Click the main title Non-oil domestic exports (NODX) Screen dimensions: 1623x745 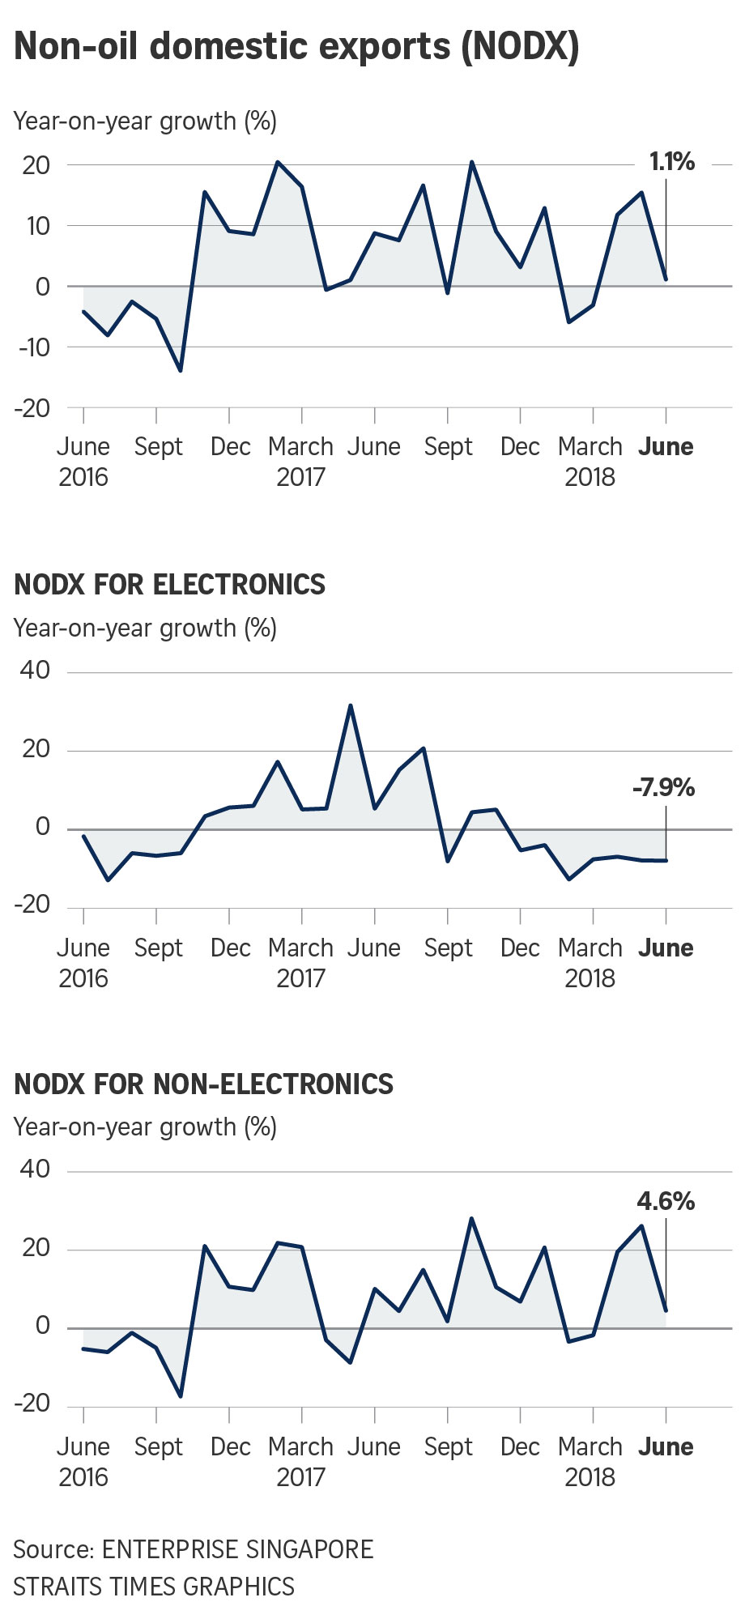coord(296,47)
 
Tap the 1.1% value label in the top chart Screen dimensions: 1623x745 coord(672,162)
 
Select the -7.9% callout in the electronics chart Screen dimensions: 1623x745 coord(664,787)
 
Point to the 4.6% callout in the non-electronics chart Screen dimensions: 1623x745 coord(666,1201)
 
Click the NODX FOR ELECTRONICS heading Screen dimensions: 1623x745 coord(170,585)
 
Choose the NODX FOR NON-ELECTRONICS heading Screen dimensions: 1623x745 coord(204,1084)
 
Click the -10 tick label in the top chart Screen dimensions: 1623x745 coord(32,347)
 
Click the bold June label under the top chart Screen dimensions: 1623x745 coord(666,447)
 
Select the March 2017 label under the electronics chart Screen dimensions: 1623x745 coord(300,963)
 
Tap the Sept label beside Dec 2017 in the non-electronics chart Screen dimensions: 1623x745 coord(449,1446)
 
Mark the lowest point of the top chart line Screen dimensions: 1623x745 coord(180,371)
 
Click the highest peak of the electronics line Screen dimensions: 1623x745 coord(350,705)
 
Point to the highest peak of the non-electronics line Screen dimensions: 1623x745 coord(471,1218)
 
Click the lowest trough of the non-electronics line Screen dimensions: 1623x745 coord(180,1396)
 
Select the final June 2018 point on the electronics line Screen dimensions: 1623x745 coord(666,860)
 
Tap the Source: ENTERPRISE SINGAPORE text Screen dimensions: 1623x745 coord(194,1549)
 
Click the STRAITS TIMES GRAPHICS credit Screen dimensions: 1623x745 coord(154,1586)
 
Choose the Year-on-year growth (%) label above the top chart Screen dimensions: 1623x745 coord(146,121)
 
